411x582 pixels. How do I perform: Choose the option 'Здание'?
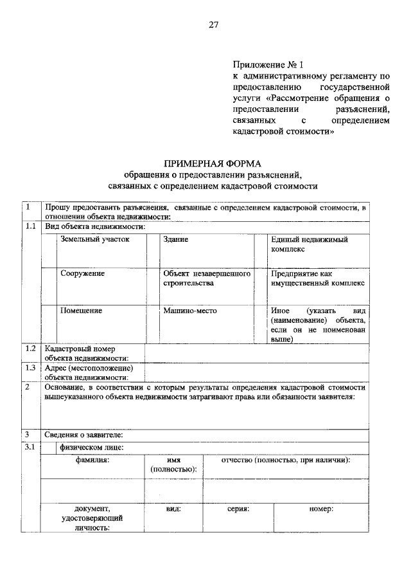tap(175, 239)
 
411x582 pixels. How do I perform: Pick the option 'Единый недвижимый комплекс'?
tap(310, 244)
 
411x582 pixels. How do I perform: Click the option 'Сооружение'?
tap(82, 273)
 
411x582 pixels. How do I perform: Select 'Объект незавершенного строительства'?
tap(205, 278)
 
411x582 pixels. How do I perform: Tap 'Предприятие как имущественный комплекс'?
tap(317, 278)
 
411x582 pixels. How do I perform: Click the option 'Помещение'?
tap(81, 311)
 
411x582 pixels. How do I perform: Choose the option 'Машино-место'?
tap(190, 311)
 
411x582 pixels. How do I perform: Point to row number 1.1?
tap(30, 226)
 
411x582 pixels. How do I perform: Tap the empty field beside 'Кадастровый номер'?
tap(257, 353)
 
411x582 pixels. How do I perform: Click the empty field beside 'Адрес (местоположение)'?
tap(257, 372)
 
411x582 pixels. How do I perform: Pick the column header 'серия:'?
tap(238, 509)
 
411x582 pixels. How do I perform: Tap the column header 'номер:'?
tap(320, 509)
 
